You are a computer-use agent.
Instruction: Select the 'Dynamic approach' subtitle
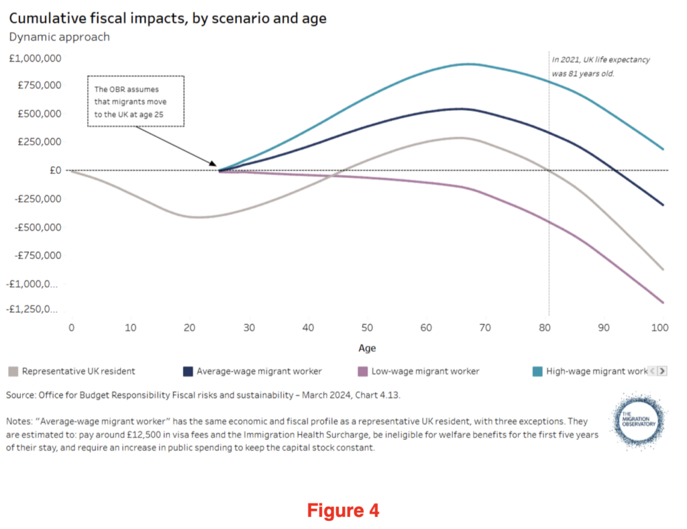click(59, 37)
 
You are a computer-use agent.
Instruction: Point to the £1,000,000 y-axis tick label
click(35, 58)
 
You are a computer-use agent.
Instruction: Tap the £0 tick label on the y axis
click(54, 171)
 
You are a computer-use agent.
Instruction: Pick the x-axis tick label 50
click(367, 328)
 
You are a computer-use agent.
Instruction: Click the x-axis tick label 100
click(660, 328)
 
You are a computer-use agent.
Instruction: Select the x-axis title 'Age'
click(367, 348)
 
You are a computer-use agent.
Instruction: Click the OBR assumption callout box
click(135, 101)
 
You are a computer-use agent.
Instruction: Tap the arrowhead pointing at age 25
click(213, 164)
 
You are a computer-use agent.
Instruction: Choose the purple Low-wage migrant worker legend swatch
click(360, 371)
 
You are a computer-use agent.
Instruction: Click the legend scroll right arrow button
click(662, 371)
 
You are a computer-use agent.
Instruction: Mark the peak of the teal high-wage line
click(467, 64)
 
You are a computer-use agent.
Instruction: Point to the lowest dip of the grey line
click(194, 217)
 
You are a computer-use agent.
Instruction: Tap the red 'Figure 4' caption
click(343, 511)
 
